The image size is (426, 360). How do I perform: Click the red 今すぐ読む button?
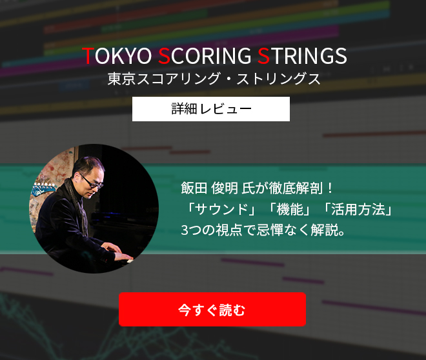click(x=212, y=309)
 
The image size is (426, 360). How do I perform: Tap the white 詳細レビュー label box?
click(x=211, y=109)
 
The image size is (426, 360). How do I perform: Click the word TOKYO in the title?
click(x=117, y=56)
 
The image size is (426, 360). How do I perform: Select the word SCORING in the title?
click(x=205, y=56)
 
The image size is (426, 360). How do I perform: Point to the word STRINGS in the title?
click(x=302, y=56)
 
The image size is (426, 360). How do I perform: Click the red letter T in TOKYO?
click(x=88, y=56)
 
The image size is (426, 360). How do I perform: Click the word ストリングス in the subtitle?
click(x=278, y=79)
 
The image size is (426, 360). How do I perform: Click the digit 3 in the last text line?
click(x=185, y=230)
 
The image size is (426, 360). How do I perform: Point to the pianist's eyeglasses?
click(x=92, y=181)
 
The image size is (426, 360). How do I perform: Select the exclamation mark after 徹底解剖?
click(x=330, y=188)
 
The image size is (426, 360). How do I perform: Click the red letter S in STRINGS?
click(x=263, y=56)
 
